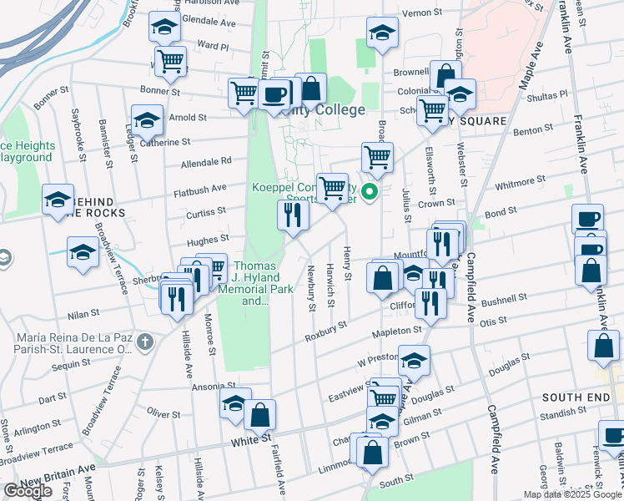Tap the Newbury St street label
(310, 288)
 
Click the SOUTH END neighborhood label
(571, 397)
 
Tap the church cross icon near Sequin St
(145, 341)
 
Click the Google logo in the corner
(28, 491)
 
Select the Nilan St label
(83, 313)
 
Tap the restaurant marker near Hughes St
(293, 215)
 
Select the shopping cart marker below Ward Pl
(171, 59)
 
